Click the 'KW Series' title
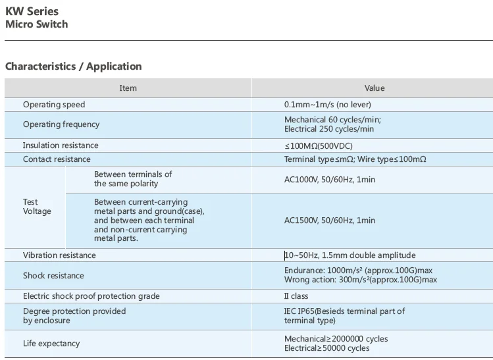(x=32, y=11)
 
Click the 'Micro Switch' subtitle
(x=36, y=24)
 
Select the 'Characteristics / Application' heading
(x=73, y=66)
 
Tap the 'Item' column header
(x=128, y=88)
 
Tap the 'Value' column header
(x=375, y=88)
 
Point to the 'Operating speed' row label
(x=54, y=105)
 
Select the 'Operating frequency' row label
(x=61, y=124)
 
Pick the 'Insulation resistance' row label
(x=61, y=145)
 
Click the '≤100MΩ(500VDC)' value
(x=319, y=146)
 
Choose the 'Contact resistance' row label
(x=57, y=159)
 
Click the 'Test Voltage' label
(x=36, y=207)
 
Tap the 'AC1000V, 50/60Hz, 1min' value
(x=330, y=179)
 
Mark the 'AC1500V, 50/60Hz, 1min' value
(x=330, y=220)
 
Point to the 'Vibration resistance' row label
(x=59, y=255)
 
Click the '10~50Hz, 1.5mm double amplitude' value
(x=350, y=255)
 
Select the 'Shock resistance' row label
(x=53, y=276)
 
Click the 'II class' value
(x=296, y=296)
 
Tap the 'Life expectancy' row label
(x=51, y=344)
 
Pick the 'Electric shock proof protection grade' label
(x=91, y=296)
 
